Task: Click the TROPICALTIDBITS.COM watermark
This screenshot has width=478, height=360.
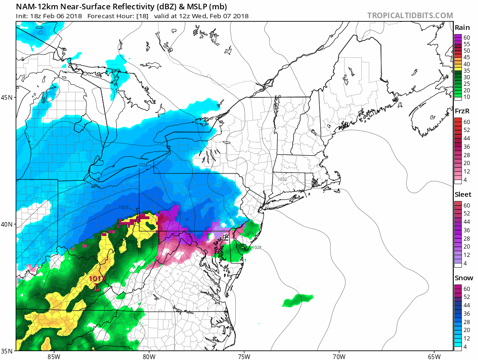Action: (x=410, y=15)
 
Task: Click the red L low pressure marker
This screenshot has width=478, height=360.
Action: (x=97, y=288)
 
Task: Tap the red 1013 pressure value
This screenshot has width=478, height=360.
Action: (x=98, y=279)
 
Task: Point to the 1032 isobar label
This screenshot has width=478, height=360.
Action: (x=282, y=180)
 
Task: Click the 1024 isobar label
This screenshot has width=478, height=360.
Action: (x=143, y=165)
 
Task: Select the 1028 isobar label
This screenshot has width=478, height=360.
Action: (x=256, y=248)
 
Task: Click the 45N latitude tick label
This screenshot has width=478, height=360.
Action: (x=7, y=97)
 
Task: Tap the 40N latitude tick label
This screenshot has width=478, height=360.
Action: (x=7, y=224)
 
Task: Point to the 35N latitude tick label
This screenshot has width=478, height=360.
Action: (x=7, y=351)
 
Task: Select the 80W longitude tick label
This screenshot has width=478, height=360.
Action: (x=149, y=356)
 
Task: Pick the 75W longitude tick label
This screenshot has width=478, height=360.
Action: (x=244, y=356)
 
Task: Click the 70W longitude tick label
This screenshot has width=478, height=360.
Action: (x=339, y=356)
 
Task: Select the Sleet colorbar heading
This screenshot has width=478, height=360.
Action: (x=463, y=194)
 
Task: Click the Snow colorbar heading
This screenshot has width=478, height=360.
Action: (x=463, y=278)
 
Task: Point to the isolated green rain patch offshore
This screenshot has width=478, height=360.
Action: (x=297, y=300)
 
